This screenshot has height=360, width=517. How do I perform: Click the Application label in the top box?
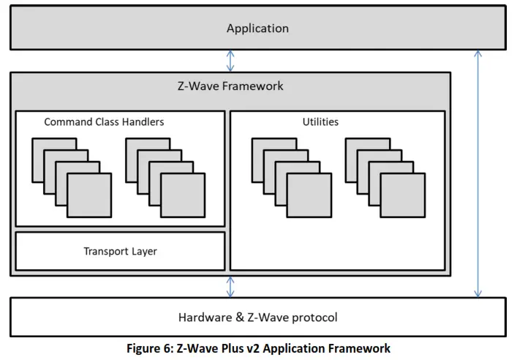coord(257,29)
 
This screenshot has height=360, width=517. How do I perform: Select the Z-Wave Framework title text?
coord(230,86)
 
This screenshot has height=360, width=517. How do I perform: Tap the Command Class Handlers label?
coord(104,121)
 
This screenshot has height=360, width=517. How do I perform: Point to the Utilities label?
coord(320,121)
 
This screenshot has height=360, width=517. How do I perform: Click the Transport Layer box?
coord(120,251)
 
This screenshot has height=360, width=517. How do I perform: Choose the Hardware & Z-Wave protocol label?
coord(257,318)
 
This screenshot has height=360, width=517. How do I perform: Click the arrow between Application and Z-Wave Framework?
coord(231,61)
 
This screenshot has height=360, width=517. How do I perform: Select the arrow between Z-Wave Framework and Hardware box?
coord(231,286)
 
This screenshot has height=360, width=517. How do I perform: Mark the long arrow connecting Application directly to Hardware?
coord(478,173)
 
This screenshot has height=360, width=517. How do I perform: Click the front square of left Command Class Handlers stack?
coord(89,195)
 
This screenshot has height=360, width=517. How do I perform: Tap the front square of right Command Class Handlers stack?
coord(183,195)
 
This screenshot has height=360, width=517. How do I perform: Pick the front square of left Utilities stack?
coord(309,195)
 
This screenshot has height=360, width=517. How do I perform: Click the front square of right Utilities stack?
coord(402,195)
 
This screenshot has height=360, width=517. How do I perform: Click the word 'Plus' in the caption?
coord(223,348)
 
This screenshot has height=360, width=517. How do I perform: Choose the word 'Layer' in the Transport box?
coord(143,251)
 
